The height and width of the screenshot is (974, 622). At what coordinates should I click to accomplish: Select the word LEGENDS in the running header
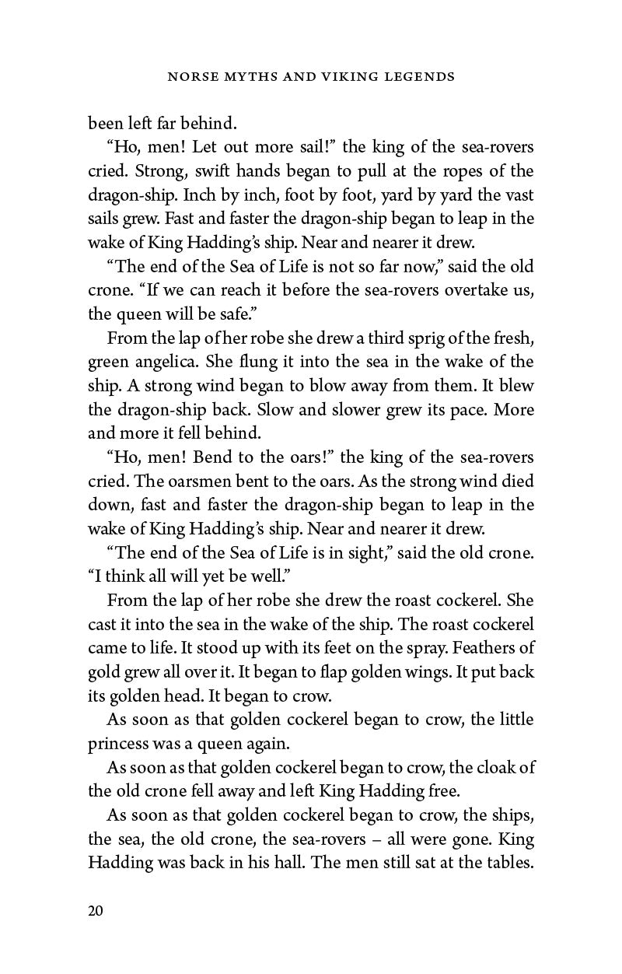coord(419,78)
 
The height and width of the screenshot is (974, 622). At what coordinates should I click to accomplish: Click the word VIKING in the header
coord(348,78)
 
